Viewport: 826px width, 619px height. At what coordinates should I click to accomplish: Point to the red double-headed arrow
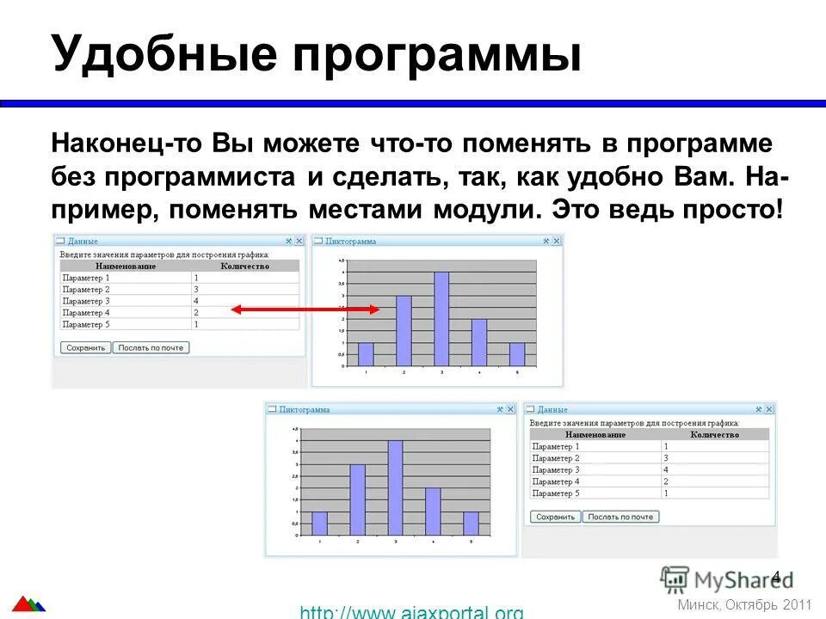click(305, 309)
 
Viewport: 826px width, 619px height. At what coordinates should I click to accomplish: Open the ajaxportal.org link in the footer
click(411, 612)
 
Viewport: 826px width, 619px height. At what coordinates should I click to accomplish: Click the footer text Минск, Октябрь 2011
click(745, 604)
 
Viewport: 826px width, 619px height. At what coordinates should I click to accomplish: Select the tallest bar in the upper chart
click(441, 319)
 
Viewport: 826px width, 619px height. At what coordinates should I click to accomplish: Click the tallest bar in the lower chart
click(396, 487)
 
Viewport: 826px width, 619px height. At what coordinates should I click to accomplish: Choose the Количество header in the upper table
click(244, 267)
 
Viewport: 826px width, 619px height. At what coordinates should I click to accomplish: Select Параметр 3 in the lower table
click(556, 470)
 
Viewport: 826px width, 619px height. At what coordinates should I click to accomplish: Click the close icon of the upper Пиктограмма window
click(557, 242)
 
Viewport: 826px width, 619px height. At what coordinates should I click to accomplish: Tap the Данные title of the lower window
click(552, 410)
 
